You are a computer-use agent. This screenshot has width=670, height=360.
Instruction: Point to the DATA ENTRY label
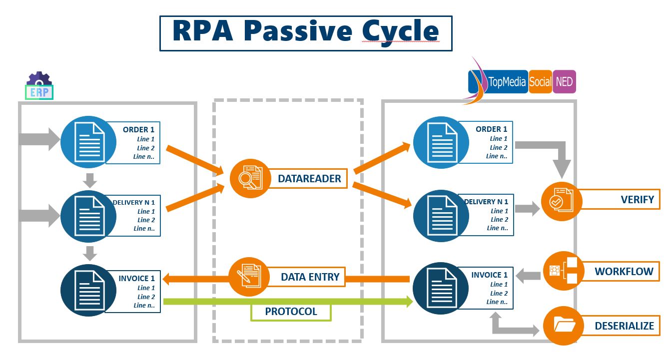coord(309,277)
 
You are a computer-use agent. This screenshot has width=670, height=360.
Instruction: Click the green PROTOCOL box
coord(291,312)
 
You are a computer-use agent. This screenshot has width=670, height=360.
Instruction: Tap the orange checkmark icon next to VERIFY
coord(562,201)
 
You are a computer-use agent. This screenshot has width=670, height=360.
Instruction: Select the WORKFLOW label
coord(623,272)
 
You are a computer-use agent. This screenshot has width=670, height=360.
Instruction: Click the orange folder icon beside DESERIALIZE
coord(564,326)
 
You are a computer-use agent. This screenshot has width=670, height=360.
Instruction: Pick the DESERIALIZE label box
coord(624,326)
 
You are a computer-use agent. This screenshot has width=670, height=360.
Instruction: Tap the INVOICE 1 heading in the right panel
coord(489,275)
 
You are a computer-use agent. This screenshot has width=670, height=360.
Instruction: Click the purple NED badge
coord(564,81)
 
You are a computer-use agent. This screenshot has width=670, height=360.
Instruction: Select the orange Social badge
coord(540,81)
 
